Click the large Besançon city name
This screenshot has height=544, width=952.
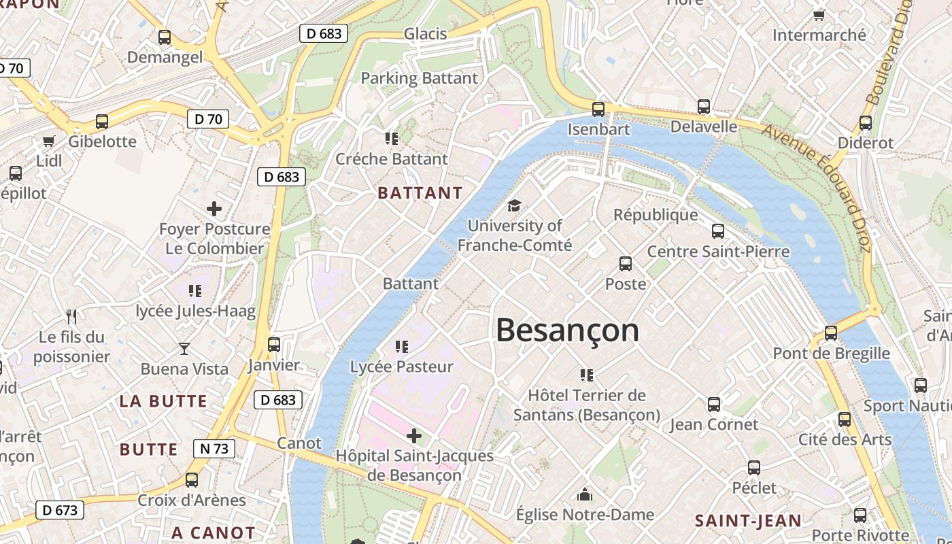(567, 331)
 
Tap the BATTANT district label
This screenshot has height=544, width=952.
(420, 193)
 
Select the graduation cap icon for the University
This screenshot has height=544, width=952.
(515, 205)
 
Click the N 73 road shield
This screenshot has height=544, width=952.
(214, 449)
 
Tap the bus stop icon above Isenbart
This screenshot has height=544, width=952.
(598, 109)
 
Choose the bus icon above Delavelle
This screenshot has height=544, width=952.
(704, 107)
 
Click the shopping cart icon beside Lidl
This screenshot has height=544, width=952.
(48, 141)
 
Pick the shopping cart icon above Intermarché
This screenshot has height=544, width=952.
(819, 15)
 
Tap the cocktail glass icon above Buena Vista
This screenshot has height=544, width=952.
(184, 349)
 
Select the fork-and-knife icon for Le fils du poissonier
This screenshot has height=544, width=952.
(71, 316)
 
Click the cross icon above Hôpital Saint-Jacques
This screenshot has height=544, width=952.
(414, 435)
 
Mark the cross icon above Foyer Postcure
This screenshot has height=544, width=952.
(214, 209)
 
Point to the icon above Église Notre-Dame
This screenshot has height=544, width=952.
(585, 494)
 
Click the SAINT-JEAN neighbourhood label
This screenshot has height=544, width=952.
(748, 522)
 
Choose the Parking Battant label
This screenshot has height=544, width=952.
(419, 78)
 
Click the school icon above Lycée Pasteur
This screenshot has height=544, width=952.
(402, 347)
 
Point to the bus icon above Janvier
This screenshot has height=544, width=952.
(274, 345)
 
